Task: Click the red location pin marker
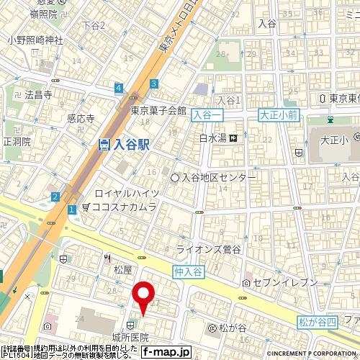[x=144, y=297]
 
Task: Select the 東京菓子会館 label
[x=158, y=111]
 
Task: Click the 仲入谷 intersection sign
[x=189, y=271]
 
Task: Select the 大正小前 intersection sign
[x=277, y=113]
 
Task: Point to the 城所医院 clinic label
[x=130, y=337]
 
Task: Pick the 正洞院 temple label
[x=17, y=142]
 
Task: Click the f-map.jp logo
[x=166, y=352]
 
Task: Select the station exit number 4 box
[x=117, y=89]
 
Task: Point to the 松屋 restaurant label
[x=123, y=270]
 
